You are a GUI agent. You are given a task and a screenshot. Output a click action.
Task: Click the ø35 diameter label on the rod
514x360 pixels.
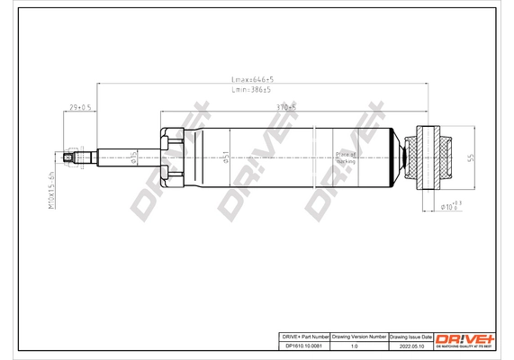[x=132, y=158]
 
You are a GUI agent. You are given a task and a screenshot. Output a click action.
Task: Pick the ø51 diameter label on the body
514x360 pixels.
[x=227, y=158]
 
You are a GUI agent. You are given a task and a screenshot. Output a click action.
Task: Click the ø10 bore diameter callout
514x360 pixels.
[x=449, y=209]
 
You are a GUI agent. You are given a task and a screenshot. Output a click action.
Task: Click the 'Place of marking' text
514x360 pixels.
[x=346, y=157]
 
